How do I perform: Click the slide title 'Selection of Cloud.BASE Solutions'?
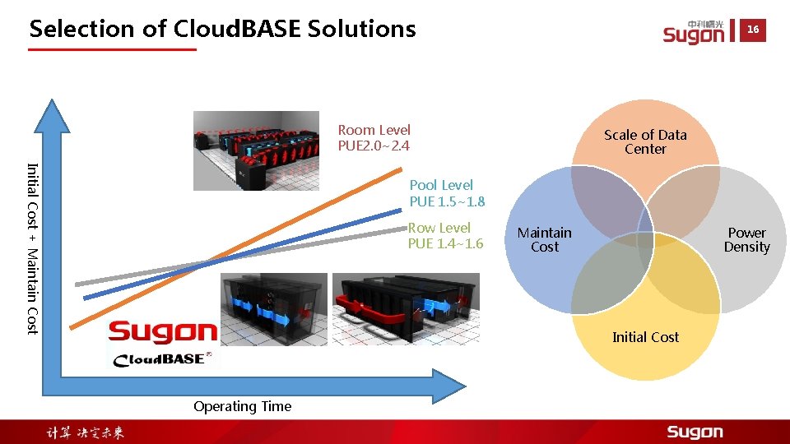point(222,29)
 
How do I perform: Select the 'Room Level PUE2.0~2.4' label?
point(374,138)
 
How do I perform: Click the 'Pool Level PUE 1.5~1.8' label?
point(447,193)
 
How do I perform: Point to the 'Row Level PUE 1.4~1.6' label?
point(445,235)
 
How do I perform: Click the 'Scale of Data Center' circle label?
point(645,141)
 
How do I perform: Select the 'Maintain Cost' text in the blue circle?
point(544,240)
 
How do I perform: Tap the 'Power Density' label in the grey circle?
point(746,240)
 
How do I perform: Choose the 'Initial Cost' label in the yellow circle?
point(645,337)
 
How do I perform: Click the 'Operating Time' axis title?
point(242,406)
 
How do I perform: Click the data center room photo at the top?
point(256,150)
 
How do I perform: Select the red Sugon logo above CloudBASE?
point(163,332)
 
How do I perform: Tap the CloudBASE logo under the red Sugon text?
point(163,358)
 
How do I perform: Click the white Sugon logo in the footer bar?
point(695,432)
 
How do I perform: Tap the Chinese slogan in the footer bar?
point(85,432)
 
